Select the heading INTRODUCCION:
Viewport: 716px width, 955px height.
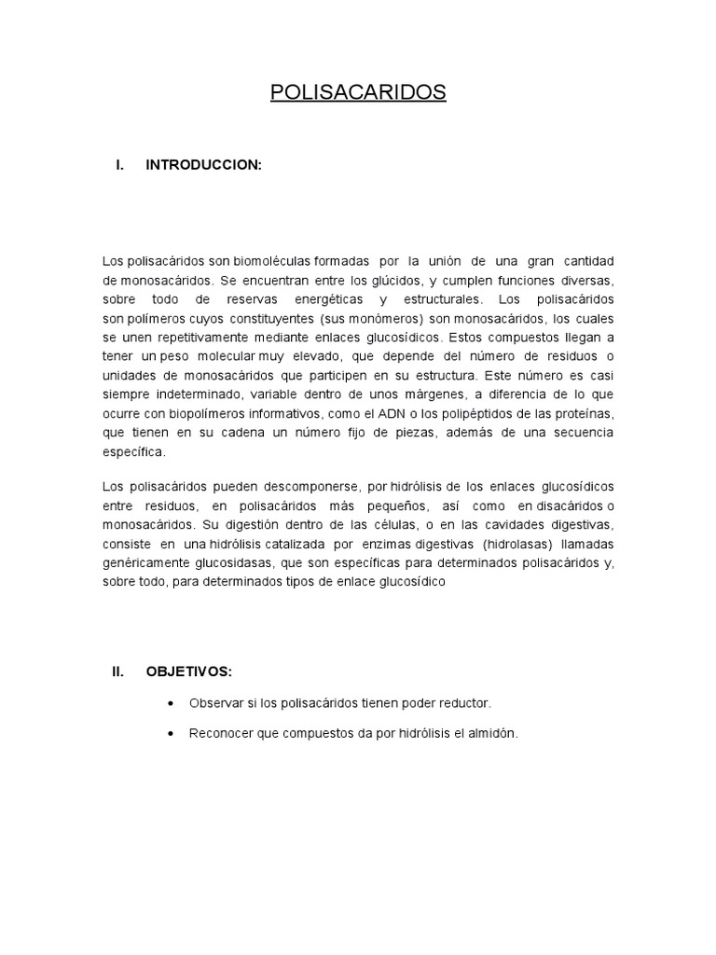tap(204, 165)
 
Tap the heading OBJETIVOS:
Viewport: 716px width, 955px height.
tap(189, 671)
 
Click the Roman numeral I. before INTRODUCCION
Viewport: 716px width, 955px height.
tap(119, 165)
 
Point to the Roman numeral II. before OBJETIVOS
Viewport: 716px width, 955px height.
tap(118, 671)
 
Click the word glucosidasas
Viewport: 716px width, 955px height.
tap(200, 563)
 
